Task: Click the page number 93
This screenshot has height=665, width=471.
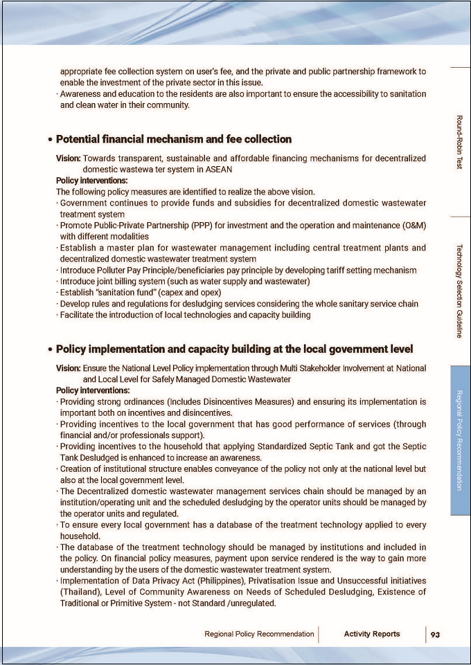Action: (434, 634)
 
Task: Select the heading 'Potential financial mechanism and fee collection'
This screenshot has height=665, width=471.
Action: (173, 139)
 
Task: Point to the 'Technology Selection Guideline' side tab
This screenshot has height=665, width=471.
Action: (460, 291)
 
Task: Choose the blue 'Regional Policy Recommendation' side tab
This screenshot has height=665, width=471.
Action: (460, 440)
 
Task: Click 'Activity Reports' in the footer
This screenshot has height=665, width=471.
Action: (372, 634)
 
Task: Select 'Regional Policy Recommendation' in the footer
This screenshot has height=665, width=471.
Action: (259, 634)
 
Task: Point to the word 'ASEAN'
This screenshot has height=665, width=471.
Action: (217, 169)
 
